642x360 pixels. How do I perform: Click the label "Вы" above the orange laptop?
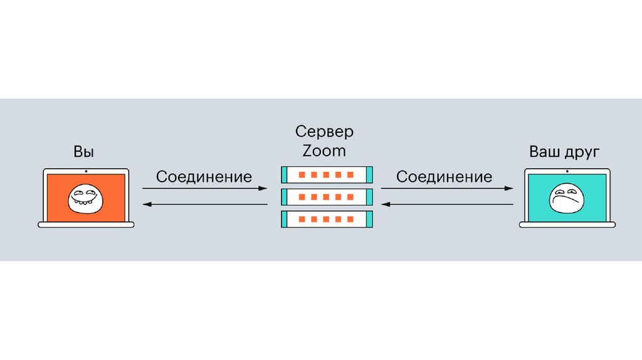(x=85, y=152)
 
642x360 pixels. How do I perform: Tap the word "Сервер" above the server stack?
(x=324, y=132)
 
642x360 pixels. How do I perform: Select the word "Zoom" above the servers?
(x=324, y=151)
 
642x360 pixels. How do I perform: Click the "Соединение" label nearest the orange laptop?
(x=204, y=176)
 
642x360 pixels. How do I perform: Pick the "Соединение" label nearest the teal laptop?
(x=445, y=176)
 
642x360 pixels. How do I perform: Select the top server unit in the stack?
(x=327, y=174)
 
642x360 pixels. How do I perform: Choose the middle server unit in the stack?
(x=327, y=197)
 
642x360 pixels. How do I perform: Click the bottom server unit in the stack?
(x=327, y=220)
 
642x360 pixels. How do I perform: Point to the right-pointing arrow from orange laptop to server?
(x=204, y=188)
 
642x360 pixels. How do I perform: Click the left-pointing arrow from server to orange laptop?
(x=204, y=204)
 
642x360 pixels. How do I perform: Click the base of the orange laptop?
(x=86, y=225)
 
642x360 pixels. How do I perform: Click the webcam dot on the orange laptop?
(x=86, y=171)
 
